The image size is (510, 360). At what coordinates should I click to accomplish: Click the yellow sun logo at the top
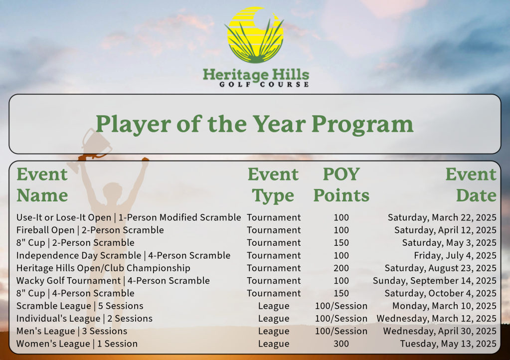(255, 35)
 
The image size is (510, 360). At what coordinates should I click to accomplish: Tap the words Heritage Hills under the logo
(256, 75)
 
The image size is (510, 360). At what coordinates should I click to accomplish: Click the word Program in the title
(362, 125)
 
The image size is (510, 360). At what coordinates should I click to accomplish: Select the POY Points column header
(341, 184)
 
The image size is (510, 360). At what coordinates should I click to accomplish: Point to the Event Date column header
(471, 184)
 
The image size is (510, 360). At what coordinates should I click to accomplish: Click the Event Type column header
(273, 184)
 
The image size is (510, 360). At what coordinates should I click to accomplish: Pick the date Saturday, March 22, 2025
(442, 217)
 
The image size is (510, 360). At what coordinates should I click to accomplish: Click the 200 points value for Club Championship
(341, 268)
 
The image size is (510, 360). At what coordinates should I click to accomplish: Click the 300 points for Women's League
(341, 344)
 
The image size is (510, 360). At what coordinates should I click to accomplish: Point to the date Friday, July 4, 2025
(455, 256)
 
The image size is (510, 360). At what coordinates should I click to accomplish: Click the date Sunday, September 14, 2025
(435, 281)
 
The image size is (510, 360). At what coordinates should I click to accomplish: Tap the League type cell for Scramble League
(274, 306)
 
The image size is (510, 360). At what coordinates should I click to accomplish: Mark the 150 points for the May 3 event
(341, 243)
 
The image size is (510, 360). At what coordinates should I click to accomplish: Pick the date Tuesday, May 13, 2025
(448, 344)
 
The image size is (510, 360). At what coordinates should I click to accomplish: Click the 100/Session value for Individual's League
(341, 319)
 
